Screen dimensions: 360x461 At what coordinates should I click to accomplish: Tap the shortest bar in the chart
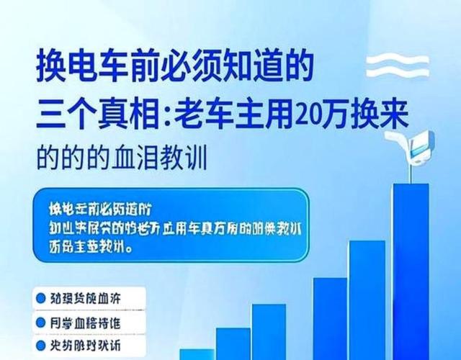point(195,354)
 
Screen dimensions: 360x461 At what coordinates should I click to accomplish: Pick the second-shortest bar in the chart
point(232,344)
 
